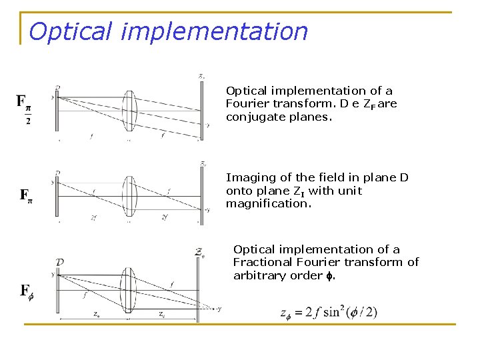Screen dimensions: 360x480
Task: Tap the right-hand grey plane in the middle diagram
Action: pos(201,195)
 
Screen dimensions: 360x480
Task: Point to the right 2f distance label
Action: pos(165,217)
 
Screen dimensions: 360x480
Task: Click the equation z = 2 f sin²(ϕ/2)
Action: pos(329,312)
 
